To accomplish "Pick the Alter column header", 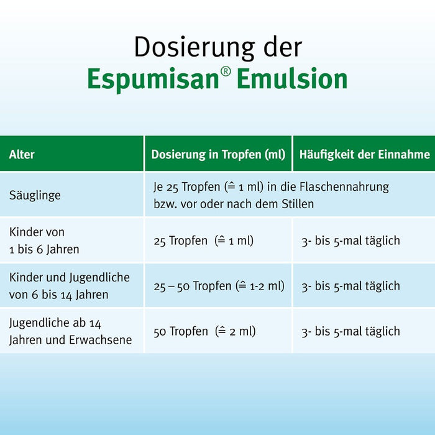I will click(22, 154).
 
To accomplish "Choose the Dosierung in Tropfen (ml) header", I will click(218, 154).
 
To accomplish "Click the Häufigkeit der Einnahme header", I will click(365, 154).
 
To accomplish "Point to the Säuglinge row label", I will click(35, 195).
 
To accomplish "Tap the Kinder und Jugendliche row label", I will click(69, 286).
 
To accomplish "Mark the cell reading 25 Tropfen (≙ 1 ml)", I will click(203, 240).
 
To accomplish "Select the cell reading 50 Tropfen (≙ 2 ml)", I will click(204, 331).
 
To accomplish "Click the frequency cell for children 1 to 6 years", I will click(350, 240).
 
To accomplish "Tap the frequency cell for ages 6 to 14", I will click(350, 286).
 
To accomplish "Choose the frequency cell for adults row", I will click(350, 331).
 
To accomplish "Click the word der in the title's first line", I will click(283, 48).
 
